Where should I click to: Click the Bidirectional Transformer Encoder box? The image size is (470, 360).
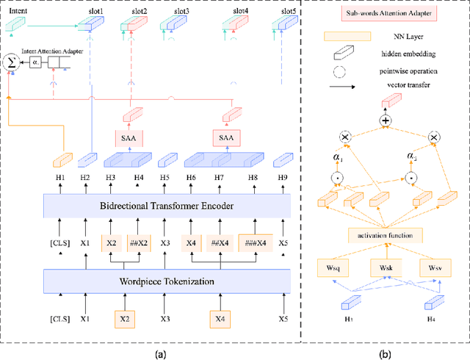[167, 205]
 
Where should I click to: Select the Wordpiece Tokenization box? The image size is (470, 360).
[167, 280]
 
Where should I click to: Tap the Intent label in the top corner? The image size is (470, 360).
[17, 12]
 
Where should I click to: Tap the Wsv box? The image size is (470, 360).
[435, 269]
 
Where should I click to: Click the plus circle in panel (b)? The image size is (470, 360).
[385, 120]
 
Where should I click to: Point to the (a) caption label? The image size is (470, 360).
[159, 353]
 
